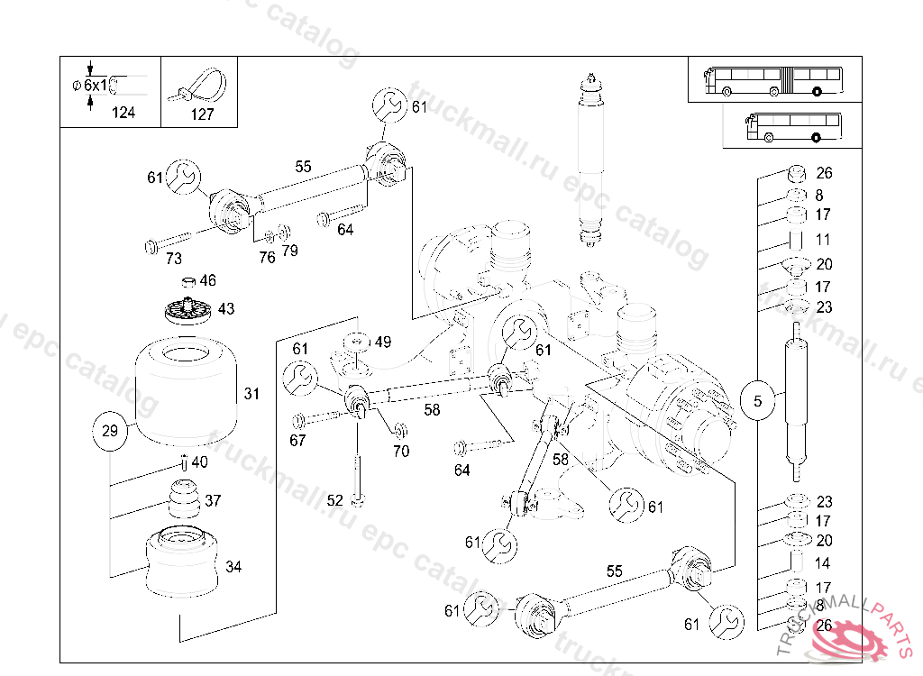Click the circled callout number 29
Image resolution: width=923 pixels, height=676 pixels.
(109, 431)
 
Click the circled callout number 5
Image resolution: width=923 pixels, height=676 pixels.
(757, 401)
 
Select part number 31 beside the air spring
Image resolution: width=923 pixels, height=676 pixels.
(251, 394)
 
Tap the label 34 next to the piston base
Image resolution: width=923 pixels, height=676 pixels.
(233, 567)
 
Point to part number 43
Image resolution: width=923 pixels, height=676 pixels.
(226, 309)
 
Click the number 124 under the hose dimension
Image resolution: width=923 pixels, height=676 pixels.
(123, 114)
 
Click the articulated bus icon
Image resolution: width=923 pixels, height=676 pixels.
(772, 79)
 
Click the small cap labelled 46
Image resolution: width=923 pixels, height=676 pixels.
(188, 281)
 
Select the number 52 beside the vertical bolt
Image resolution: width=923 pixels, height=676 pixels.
(335, 500)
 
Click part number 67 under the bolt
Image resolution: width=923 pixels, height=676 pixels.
(297, 441)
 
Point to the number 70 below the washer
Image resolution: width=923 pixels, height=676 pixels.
(401, 451)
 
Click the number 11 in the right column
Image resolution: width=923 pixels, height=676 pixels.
(823, 240)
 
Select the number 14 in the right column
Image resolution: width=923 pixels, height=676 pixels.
(823, 563)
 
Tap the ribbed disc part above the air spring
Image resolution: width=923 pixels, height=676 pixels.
(188, 313)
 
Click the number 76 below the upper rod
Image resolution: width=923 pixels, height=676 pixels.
(267, 257)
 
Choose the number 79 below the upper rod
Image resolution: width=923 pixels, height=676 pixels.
(289, 251)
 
